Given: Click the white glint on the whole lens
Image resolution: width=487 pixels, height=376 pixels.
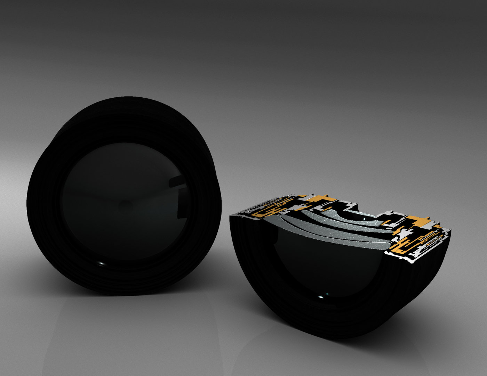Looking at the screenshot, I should pyautogui.click(x=101, y=263).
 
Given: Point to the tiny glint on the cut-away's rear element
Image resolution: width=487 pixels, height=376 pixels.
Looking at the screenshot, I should pyautogui.click(x=364, y=219).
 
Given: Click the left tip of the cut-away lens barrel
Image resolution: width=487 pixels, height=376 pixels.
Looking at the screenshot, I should pyautogui.click(x=231, y=217).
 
